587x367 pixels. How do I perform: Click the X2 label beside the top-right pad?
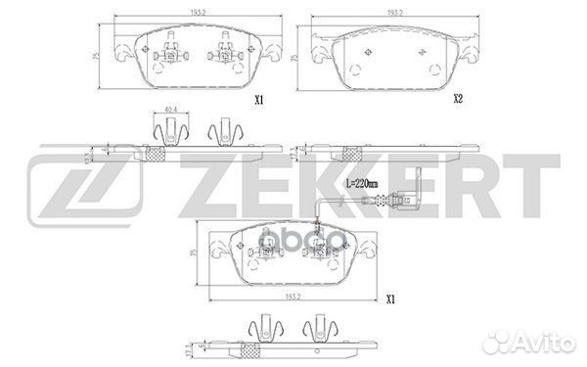click(x=458, y=99)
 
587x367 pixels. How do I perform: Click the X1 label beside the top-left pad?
click(x=260, y=99)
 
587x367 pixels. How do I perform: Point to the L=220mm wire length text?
click(x=338, y=183)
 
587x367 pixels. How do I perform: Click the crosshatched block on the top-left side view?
click(x=153, y=154)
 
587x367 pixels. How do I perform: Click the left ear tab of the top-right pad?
click(x=318, y=43)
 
